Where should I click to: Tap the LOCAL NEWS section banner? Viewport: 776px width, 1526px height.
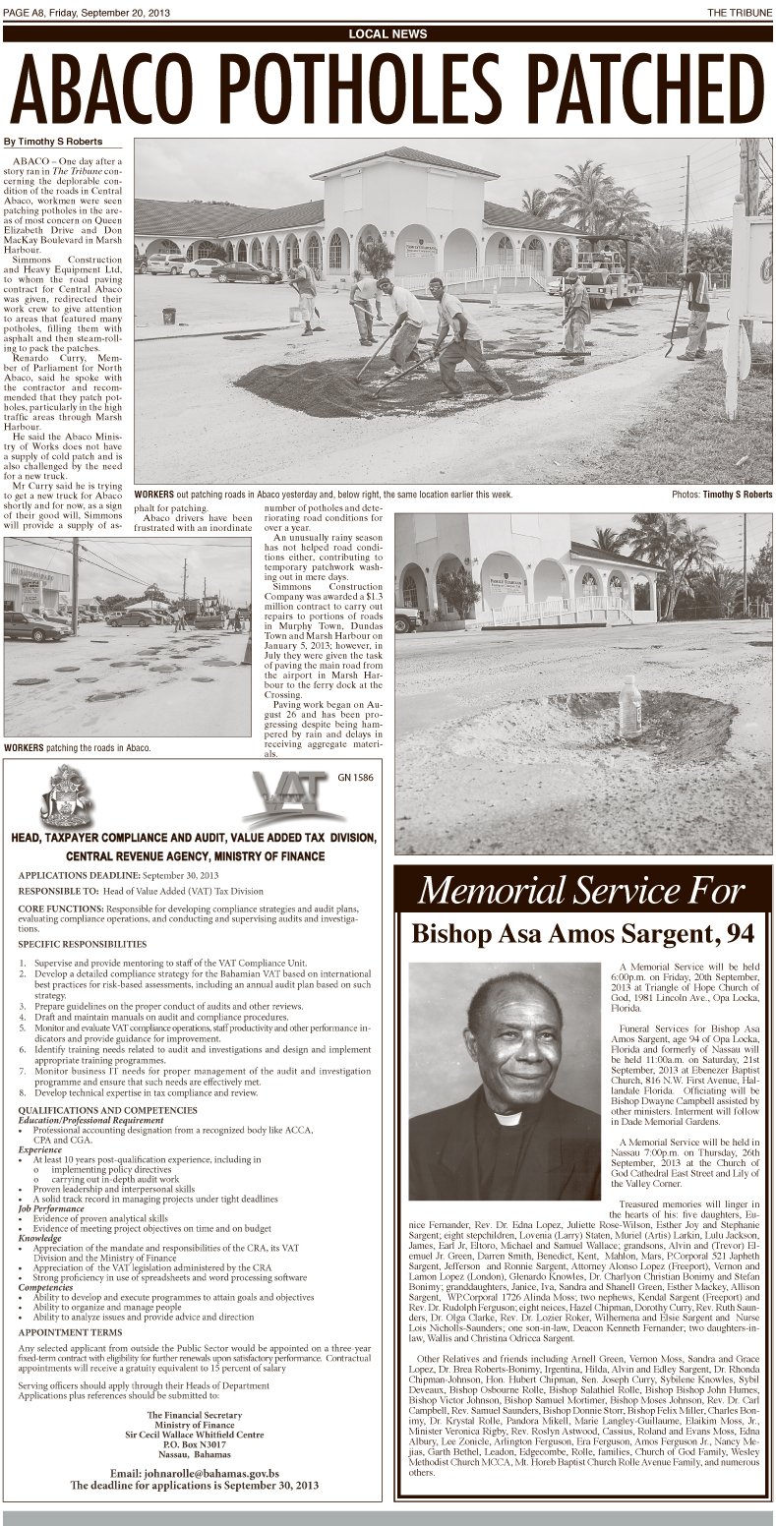(x=388, y=34)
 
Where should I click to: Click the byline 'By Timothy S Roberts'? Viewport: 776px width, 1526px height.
(x=53, y=142)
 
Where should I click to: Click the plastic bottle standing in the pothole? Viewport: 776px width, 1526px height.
(x=629, y=707)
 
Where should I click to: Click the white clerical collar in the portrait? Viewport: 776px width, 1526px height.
(x=507, y=1118)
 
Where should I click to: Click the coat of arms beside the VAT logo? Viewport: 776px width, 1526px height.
(x=67, y=797)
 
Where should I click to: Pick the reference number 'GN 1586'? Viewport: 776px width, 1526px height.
(x=357, y=777)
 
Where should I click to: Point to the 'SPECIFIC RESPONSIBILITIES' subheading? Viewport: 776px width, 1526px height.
(x=87, y=943)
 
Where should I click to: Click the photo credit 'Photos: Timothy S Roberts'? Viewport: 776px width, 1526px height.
(x=722, y=494)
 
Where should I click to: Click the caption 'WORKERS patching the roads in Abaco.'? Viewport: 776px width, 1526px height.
(x=78, y=748)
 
